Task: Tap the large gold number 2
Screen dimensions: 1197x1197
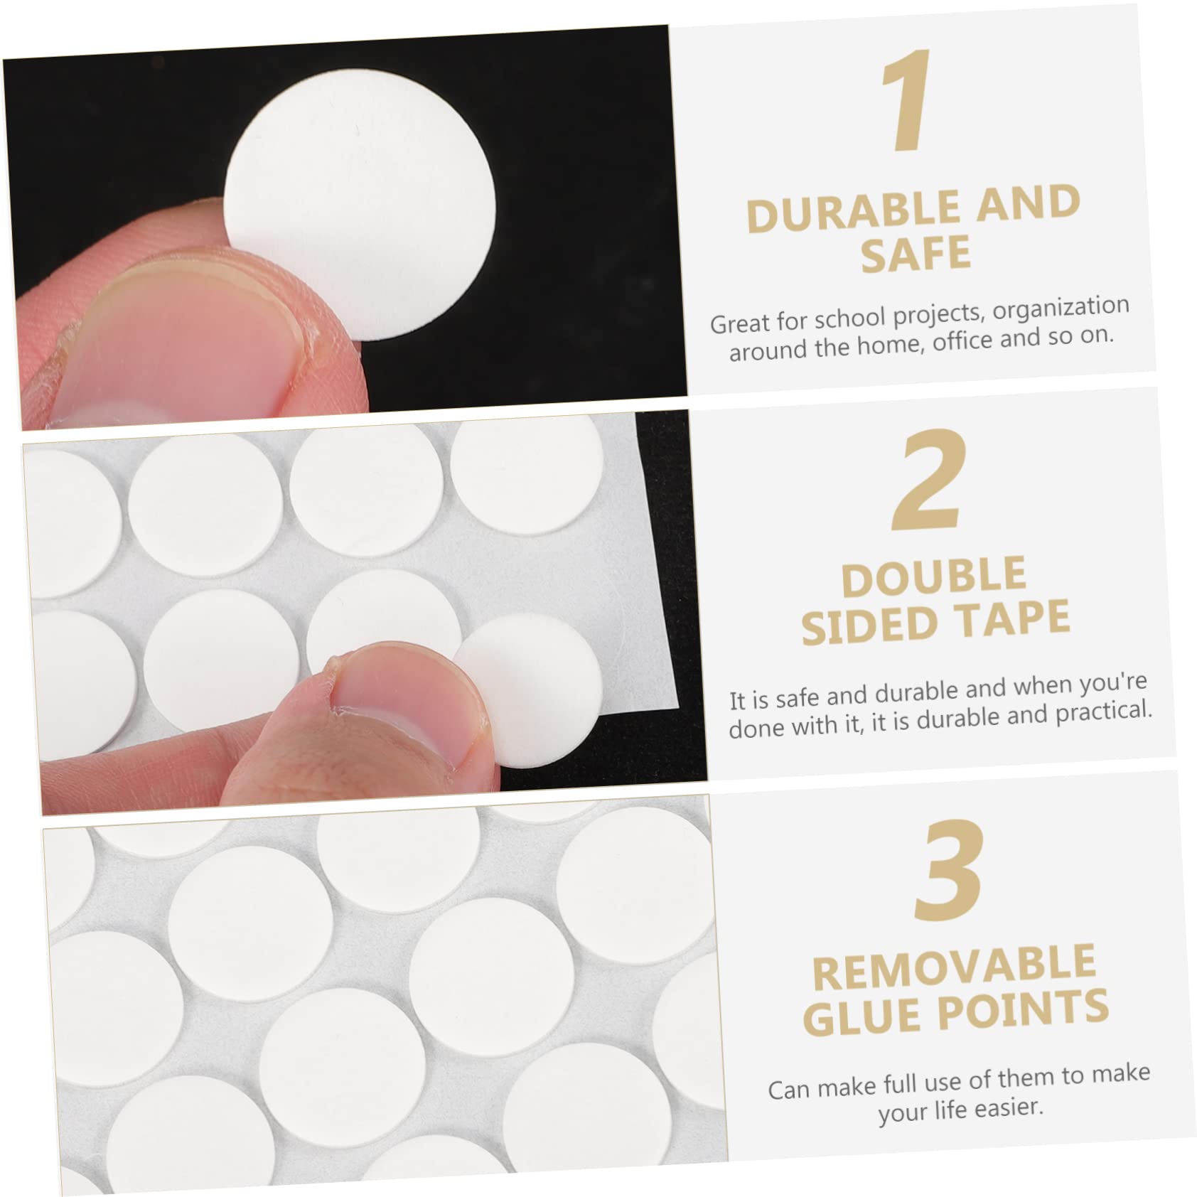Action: (930, 480)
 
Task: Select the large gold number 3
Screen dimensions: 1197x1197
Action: (950, 869)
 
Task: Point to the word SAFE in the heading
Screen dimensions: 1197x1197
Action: (916, 254)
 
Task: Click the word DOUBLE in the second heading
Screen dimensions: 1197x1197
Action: (934, 578)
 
